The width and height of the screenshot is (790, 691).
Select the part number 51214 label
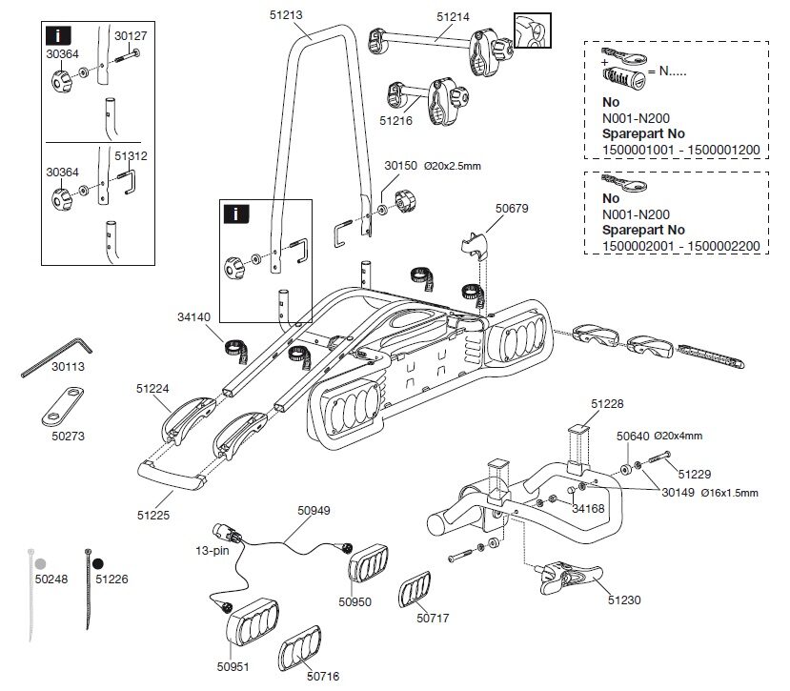click(x=456, y=17)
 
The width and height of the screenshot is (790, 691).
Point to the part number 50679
click(x=513, y=208)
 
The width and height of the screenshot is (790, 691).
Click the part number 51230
click(x=623, y=600)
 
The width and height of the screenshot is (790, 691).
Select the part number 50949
click(x=314, y=511)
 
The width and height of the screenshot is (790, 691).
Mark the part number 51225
click(x=152, y=515)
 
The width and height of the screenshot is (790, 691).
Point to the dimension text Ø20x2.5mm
click(x=451, y=166)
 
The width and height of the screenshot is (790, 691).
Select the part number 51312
click(x=131, y=155)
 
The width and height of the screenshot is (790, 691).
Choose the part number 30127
click(x=131, y=35)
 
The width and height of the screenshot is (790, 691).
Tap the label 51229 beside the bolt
click(x=695, y=472)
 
